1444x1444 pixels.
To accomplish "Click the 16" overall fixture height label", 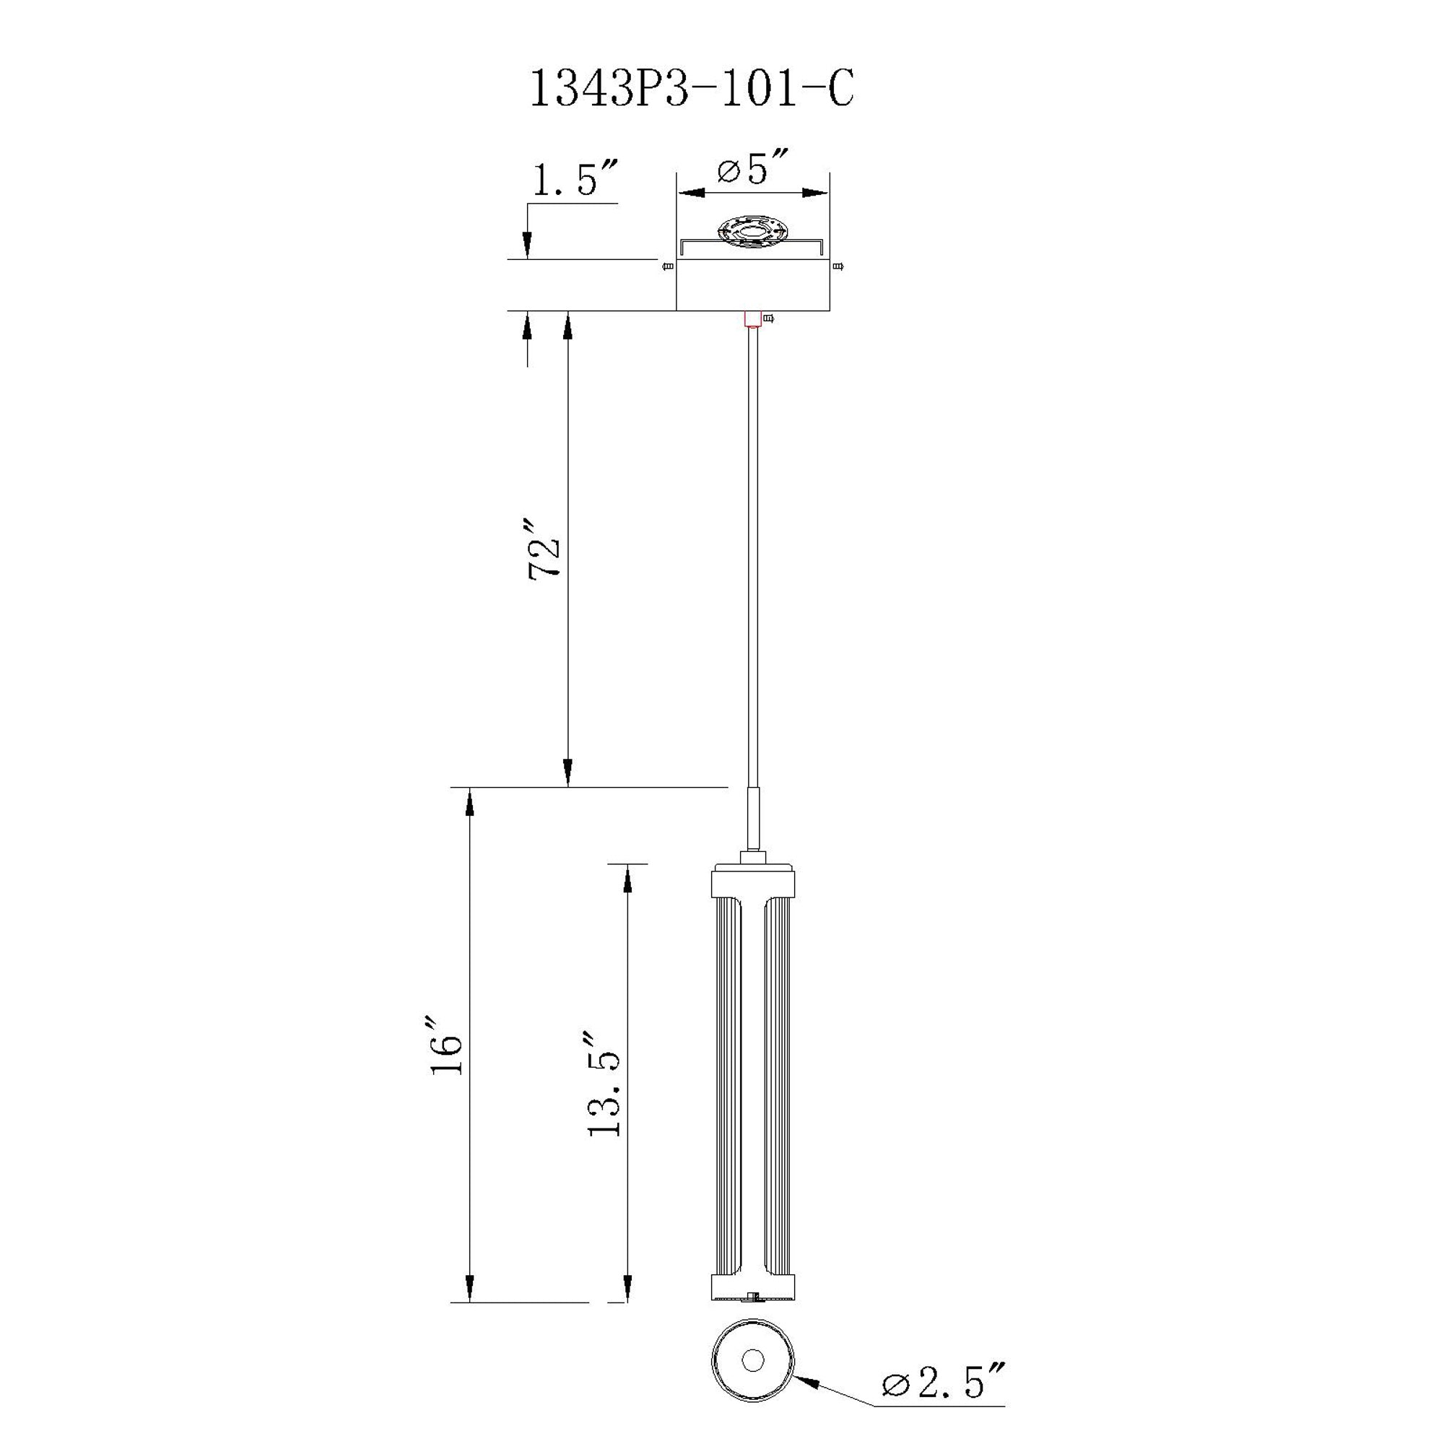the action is pos(445,1045).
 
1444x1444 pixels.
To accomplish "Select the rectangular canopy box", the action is pos(752,284).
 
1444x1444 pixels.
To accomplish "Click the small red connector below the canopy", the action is pos(752,319).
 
